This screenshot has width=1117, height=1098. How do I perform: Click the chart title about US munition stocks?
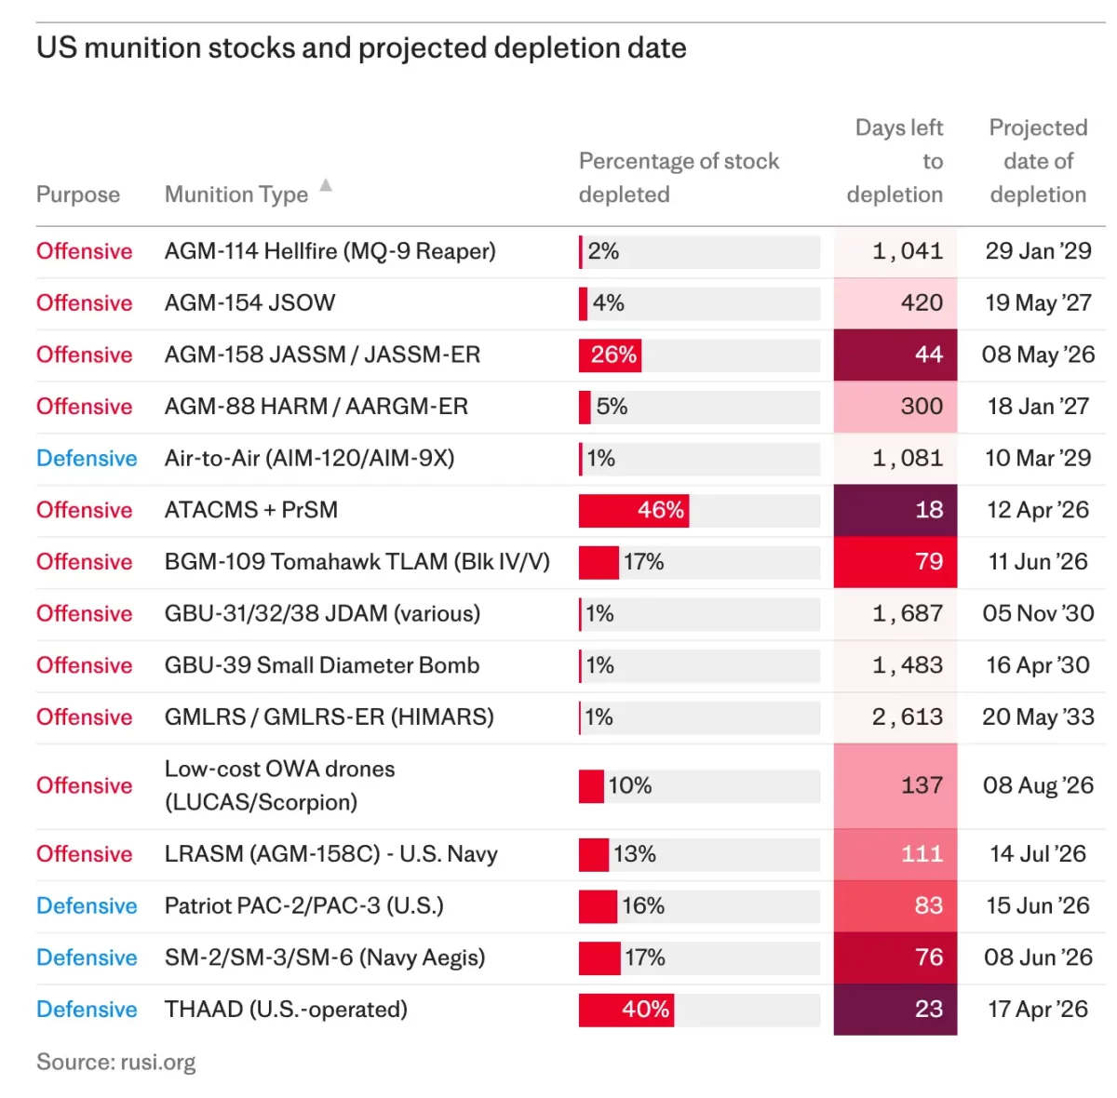pos(361,48)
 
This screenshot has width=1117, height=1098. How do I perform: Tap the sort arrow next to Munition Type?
pos(326,185)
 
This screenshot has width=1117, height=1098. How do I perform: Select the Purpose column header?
pos(78,194)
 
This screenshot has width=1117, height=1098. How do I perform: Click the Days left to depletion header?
pos(895,161)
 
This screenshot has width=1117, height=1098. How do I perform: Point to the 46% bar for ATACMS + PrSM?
pos(634,510)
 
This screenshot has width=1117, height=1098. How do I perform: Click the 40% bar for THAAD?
pos(626,1010)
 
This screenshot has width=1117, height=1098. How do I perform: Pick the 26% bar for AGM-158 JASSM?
pos(610,355)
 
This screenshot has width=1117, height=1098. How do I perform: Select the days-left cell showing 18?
pos(895,510)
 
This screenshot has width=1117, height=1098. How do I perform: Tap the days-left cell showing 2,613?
pos(895,717)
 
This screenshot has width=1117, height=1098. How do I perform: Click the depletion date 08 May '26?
pos(1038,355)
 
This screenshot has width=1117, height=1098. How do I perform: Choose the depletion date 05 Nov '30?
pos(1038,614)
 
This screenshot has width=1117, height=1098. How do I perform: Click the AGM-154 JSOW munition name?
pos(249,303)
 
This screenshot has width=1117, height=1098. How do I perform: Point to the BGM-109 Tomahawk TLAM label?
pos(357,562)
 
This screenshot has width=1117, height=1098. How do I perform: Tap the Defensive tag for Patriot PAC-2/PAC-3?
pos(87,906)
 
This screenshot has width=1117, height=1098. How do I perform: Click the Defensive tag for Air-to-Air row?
pos(87,459)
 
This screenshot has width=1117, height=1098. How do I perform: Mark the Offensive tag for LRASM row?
pos(84,854)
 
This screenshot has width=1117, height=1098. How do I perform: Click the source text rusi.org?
pos(116,1063)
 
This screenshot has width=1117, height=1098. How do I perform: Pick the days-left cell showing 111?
pos(895,854)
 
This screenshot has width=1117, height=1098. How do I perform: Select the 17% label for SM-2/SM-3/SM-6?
pos(644,957)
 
